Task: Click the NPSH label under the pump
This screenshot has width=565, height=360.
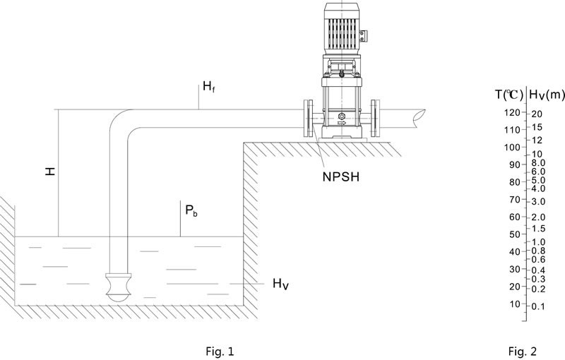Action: pyautogui.click(x=338, y=177)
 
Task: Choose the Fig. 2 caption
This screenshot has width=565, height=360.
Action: pyautogui.click(x=523, y=349)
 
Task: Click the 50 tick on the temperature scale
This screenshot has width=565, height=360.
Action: pyautogui.click(x=514, y=234)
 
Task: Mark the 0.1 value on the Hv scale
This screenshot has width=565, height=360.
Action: pyautogui.click(x=538, y=306)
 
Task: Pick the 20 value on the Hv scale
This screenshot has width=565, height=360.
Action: pyautogui.click(x=537, y=114)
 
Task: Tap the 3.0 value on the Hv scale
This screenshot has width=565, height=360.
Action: pyautogui.click(x=538, y=202)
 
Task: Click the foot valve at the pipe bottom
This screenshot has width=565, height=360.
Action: pyautogui.click(x=117, y=285)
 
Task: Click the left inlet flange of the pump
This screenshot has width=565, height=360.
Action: pyautogui.click(x=308, y=119)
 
